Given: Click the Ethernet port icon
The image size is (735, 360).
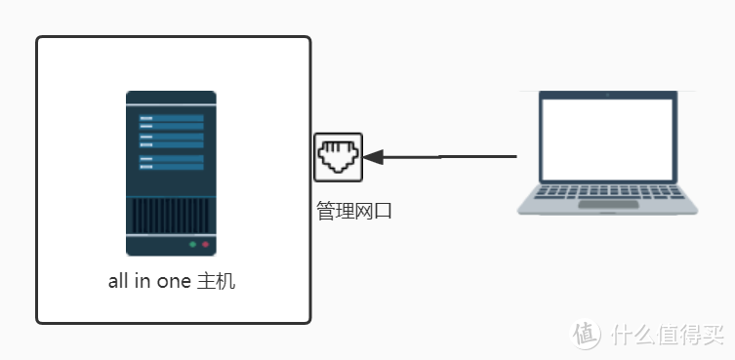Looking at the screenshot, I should pyautogui.click(x=338, y=157).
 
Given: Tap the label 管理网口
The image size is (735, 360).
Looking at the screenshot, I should pyautogui.click(x=353, y=210).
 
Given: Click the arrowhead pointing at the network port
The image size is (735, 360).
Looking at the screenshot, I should pyautogui.click(x=374, y=157).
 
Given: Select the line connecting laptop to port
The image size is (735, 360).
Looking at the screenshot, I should pyautogui.click(x=449, y=156).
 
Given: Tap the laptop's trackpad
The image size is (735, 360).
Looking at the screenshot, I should pyautogui.click(x=608, y=205).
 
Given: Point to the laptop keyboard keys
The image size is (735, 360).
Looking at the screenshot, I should pyautogui.click(x=608, y=190).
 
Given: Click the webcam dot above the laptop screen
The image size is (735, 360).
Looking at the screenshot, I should pyautogui.click(x=609, y=95).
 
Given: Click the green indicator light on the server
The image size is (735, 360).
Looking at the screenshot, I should pyautogui.click(x=192, y=244).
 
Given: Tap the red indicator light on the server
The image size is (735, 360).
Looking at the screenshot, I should pyautogui.click(x=205, y=244).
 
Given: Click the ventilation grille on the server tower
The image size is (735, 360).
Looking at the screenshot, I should pyautogui.click(x=170, y=214).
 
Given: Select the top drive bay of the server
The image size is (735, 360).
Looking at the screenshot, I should pyautogui.click(x=170, y=122).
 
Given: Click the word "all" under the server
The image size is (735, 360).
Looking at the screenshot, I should pyautogui.click(x=118, y=282).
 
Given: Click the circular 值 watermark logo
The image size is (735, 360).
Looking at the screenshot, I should pyautogui.click(x=588, y=333).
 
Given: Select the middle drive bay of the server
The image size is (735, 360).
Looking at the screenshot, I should pyautogui.click(x=170, y=141).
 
